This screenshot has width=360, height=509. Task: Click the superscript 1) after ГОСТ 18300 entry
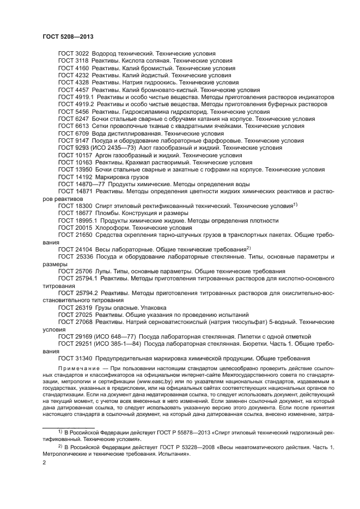[x=295, y=204]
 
